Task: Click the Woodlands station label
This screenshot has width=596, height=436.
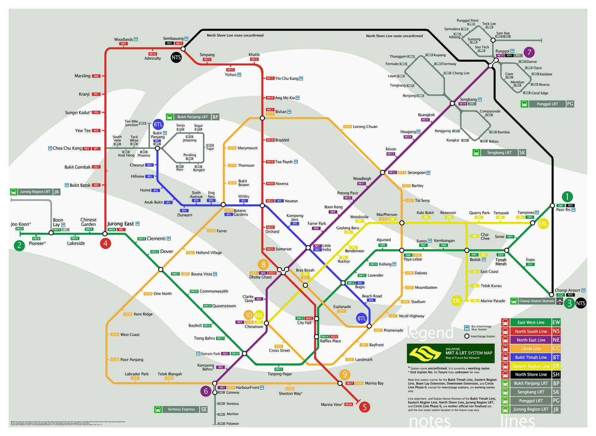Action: (123, 39)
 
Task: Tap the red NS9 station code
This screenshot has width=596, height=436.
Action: (123, 44)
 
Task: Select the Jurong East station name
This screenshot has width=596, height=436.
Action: (120, 224)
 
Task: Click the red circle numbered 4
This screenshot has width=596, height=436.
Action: (105, 244)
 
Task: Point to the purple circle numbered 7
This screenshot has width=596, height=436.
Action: (529, 52)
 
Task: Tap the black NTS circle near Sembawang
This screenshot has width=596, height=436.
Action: (176, 57)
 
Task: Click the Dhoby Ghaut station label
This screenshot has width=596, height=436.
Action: (260, 277)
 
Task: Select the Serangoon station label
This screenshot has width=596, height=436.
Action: (416, 172)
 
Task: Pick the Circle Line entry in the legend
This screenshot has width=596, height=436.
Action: (531, 349)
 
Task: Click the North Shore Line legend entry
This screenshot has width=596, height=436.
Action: (531, 375)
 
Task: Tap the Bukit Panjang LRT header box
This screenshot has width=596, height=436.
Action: (193, 117)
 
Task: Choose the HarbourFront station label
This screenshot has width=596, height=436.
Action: (247, 387)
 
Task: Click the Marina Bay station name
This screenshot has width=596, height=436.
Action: (374, 383)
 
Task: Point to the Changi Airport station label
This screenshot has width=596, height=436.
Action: (567, 290)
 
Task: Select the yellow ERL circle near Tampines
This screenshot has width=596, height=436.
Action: (543, 224)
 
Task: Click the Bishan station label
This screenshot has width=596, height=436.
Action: (281, 112)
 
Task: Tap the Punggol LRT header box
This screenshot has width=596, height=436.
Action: (547, 104)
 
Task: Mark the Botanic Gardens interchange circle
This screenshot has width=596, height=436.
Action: (223, 205)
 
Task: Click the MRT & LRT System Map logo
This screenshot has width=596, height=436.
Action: (451, 353)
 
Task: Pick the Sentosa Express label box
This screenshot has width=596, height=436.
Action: (181, 409)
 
